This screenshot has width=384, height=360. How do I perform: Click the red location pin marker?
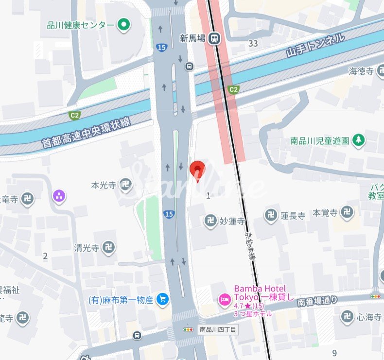point(197,170)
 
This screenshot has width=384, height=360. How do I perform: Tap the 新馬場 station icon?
point(213,38)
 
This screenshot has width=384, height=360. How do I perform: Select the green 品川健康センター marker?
point(124,24)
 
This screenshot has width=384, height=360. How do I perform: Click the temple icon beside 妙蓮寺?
point(210,221)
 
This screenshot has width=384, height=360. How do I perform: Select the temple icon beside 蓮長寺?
point(271,215)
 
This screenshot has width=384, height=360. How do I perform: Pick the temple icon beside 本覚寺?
point(347,212)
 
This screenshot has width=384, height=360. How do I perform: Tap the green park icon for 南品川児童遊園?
point(359,140)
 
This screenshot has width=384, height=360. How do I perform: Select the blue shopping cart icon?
point(162,299)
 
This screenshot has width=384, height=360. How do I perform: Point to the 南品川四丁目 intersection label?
point(218,329)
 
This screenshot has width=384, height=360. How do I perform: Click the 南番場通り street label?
point(317,301)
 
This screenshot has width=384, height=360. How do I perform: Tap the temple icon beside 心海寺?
point(347,317)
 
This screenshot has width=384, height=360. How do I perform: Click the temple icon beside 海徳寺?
point(382,71)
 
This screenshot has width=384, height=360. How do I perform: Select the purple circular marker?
point(59,196)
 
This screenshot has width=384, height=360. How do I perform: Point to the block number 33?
point(253,43)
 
